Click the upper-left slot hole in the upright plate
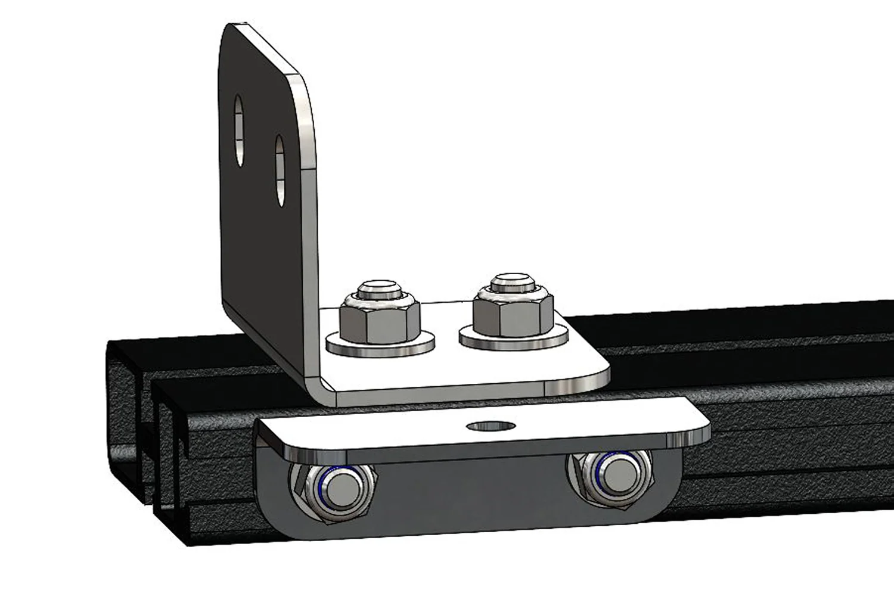pos(238,130)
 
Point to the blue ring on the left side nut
pos(319,485)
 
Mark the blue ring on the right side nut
pos(598,474)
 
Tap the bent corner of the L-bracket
pos(319,387)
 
